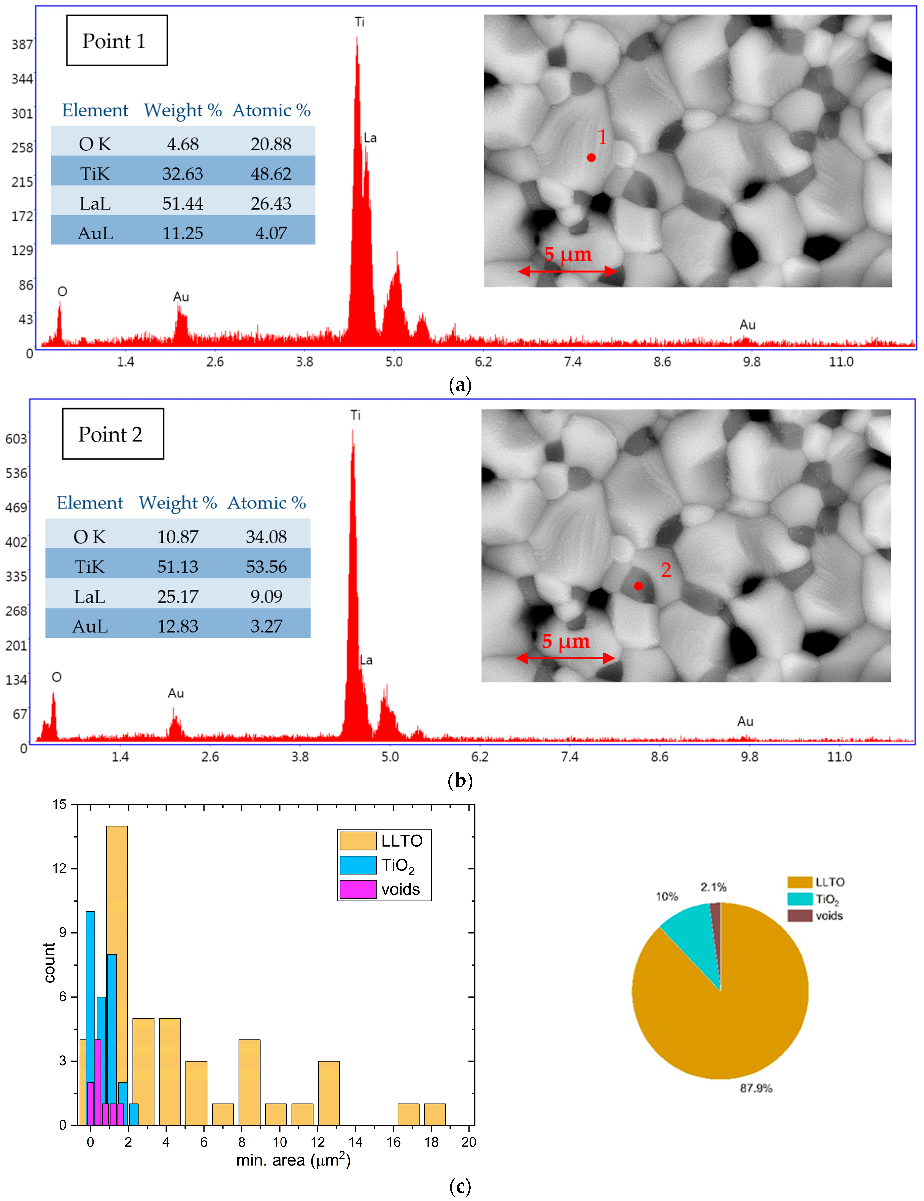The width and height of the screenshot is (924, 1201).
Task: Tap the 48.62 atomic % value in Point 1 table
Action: [271, 174]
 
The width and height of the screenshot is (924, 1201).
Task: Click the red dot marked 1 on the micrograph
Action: [591, 158]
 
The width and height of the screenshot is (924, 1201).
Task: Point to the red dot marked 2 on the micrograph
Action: [638, 586]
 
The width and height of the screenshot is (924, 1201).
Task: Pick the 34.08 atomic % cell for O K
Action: [266, 537]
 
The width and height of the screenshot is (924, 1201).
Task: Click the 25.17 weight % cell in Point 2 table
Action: [178, 597]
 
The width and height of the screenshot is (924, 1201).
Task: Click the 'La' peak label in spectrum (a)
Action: [370, 138]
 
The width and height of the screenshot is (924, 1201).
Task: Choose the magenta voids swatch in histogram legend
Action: [357, 889]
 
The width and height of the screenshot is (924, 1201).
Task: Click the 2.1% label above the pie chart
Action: [713, 887]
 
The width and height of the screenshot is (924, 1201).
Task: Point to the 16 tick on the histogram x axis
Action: [393, 1142]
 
